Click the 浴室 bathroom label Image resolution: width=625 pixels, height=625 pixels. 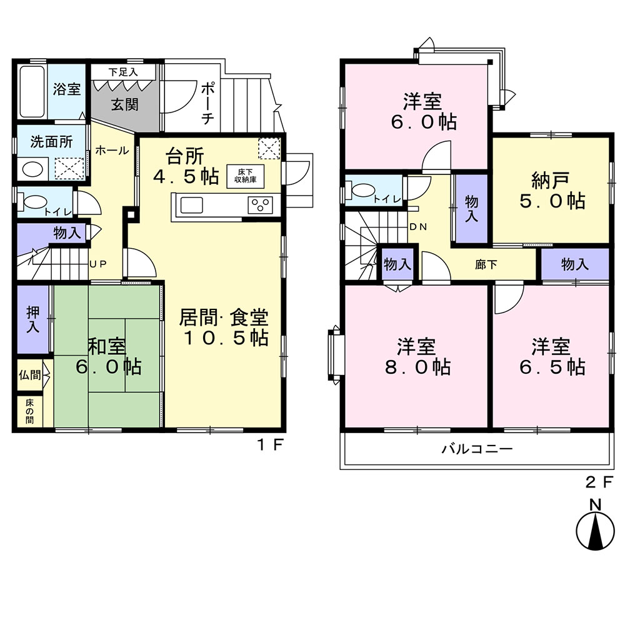67,89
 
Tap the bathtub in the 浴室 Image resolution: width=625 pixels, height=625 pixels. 31,91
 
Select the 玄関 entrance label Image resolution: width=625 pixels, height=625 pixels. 124,105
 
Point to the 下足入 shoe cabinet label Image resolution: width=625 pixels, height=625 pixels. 123,72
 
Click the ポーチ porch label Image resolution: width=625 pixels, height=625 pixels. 207,103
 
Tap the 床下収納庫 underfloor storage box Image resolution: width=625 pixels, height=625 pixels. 245,176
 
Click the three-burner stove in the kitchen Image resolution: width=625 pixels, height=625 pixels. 260,205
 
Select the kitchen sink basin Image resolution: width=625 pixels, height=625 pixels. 192,205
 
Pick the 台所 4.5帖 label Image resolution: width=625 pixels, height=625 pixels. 186,166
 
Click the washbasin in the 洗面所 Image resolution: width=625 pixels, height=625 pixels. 32,169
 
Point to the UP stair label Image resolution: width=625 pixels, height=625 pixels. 97,264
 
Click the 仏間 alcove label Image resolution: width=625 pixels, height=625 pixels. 30,375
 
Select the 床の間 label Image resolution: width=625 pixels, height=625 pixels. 30,411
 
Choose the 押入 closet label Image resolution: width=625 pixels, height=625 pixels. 33,319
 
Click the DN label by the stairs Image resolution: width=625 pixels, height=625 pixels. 418,227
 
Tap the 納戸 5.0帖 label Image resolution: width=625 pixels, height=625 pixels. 552,191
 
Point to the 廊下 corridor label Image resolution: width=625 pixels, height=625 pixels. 486,264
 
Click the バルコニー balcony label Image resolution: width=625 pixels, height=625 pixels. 477,449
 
